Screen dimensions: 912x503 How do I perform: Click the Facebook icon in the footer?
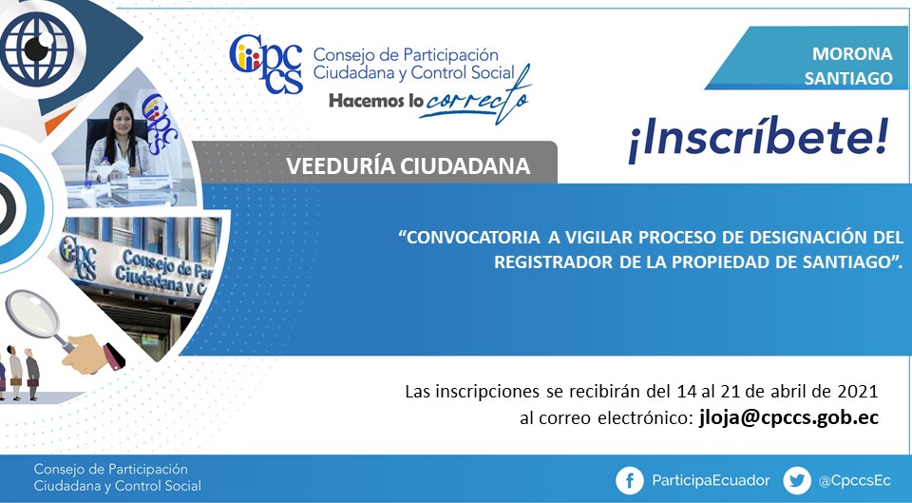click(630, 481)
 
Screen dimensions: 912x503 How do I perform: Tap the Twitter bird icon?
click(797, 481)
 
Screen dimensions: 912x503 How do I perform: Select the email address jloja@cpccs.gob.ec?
click(788, 418)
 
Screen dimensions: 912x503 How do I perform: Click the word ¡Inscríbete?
click(758, 141)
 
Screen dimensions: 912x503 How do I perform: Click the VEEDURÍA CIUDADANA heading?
click(408, 165)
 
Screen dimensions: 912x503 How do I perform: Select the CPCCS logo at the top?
click(266, 64)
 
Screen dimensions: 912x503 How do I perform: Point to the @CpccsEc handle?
click(854, 481)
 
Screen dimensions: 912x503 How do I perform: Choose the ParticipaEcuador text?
click(711, 480)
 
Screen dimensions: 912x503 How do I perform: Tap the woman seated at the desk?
click(119, 143)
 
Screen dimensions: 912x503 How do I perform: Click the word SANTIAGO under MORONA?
click(848, 78)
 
